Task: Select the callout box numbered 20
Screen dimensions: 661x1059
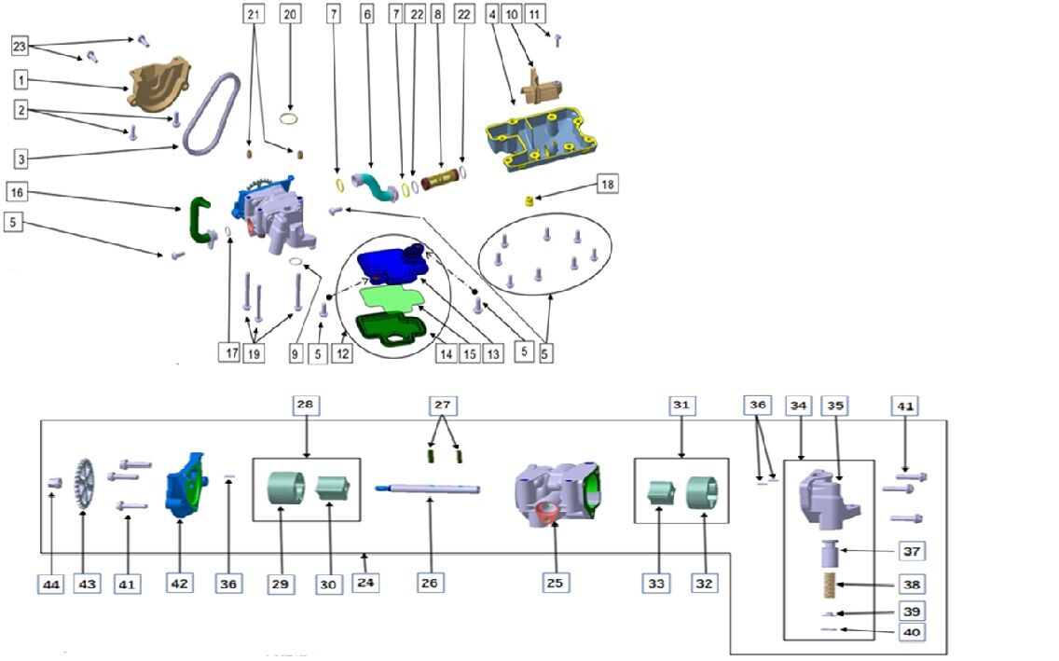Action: click(x=290, y=14)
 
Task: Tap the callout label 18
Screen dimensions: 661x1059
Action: click(x=607, y=185)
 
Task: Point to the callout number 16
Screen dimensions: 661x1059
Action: click(x=17, y=192)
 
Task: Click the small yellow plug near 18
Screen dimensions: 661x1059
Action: click(x=529, y=200)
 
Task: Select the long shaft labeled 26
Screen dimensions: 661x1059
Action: click(x=428, y=487)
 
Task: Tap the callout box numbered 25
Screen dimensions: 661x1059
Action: click(x=557, y=583)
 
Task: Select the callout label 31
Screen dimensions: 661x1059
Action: click(x=681, y=406)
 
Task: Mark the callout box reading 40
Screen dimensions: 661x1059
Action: click(x=911, y=632)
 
